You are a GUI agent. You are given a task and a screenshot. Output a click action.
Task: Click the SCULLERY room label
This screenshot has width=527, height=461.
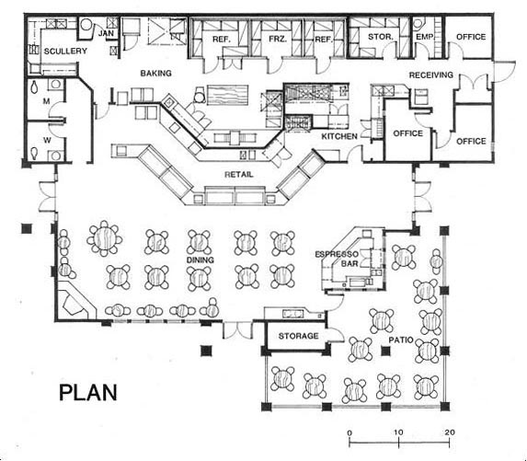tap(65, 52)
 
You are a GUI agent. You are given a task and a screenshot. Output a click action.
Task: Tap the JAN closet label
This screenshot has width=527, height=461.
tap(106, 33)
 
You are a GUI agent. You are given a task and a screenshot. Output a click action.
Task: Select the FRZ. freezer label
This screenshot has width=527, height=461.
tap(278, 39)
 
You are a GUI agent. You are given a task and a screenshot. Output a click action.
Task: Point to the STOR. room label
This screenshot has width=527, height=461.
tap(381, 36)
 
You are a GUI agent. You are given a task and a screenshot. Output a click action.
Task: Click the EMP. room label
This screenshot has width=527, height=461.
tap(425, 37)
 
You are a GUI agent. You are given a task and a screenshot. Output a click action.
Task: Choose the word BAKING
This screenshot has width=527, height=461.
tap(156, 73)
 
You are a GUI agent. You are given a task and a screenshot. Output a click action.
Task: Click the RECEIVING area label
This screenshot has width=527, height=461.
tap(431, 75)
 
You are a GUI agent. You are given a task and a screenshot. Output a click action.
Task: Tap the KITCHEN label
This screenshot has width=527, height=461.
tap(339, 136)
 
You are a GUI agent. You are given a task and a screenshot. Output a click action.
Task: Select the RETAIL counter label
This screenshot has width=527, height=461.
tap(238, 174)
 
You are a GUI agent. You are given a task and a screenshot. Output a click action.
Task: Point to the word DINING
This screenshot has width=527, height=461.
tap(200, 259)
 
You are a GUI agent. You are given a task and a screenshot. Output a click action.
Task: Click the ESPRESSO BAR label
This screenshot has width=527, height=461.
tap(337, 259)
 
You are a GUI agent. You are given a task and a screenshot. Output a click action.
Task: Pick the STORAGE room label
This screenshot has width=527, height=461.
tap(299, 336)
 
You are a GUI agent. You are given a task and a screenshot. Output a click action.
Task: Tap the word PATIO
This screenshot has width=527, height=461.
tap(401, 340)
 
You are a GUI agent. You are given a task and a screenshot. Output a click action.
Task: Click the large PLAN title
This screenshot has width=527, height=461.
tap(88, 392)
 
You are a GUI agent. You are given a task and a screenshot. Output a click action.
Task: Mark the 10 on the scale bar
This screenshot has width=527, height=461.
tap(398, 432)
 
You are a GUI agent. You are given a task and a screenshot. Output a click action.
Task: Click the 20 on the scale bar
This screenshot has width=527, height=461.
tap(450, 432)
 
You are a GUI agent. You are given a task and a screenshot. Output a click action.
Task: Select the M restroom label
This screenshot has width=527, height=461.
tap(46, 101)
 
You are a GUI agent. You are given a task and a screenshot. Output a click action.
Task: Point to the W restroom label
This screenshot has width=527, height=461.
tap(47, 140)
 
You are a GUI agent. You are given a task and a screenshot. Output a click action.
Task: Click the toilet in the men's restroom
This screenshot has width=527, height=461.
tap(34, 86)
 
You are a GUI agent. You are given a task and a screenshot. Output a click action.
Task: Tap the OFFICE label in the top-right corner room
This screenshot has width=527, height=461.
tap(471, 37)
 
